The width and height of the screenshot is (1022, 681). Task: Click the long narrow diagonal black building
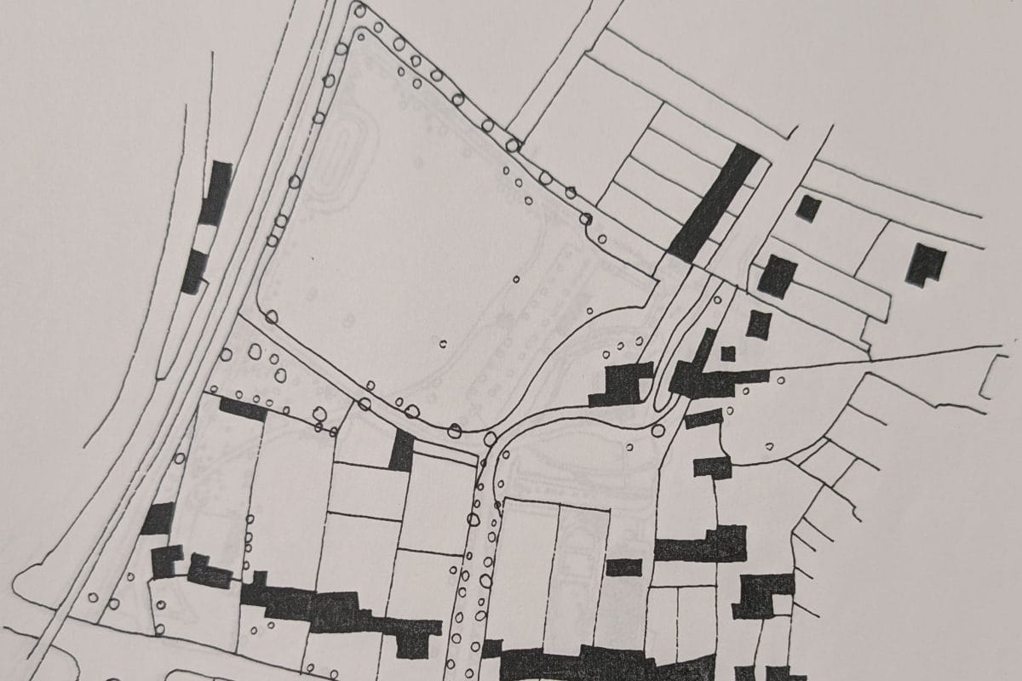coord(714,203)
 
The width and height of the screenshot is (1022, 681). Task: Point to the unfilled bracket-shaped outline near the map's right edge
coord(990,377)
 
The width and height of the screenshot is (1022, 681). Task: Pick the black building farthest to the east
coord(926,264)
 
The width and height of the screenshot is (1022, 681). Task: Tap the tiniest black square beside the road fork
coord(727,353)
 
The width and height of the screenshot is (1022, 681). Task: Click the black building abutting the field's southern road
coord(401,450)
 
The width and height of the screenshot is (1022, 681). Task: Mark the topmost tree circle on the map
coord(360,11)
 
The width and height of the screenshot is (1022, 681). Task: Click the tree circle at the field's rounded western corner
coord(271,317)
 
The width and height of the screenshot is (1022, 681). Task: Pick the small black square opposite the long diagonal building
coord(808,208)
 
